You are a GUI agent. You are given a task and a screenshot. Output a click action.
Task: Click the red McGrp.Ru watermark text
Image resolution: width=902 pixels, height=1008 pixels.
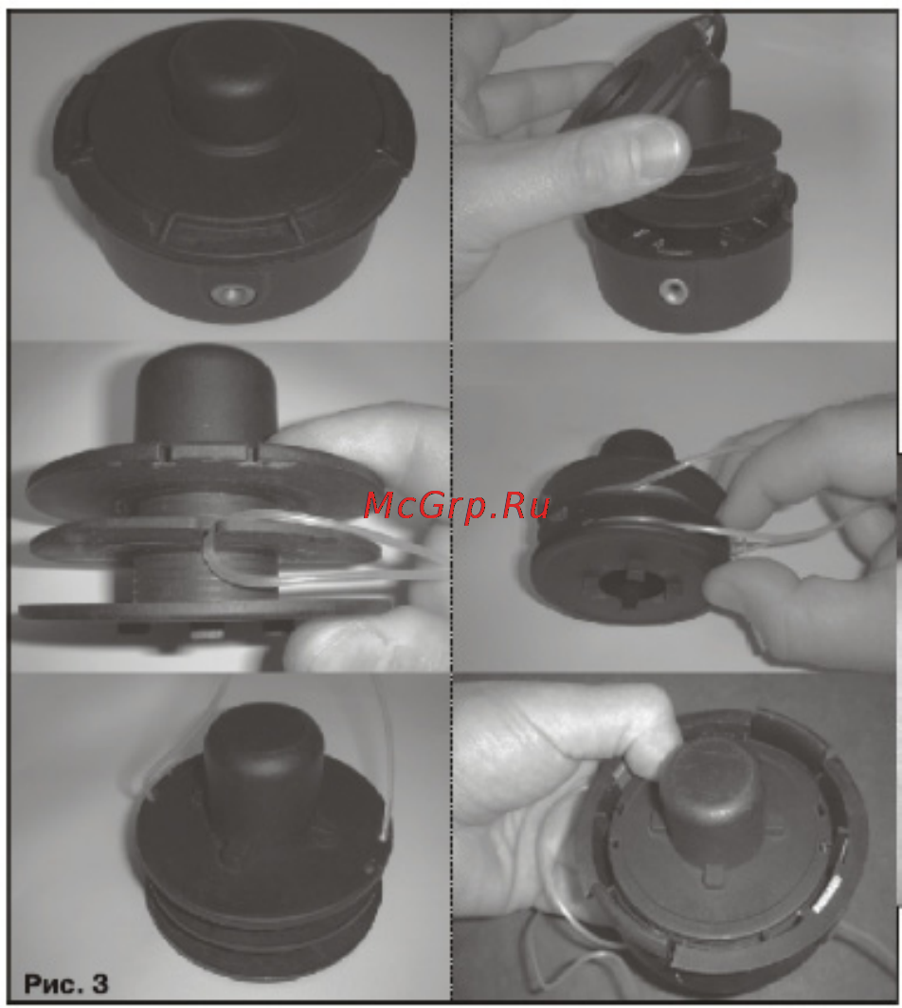457,505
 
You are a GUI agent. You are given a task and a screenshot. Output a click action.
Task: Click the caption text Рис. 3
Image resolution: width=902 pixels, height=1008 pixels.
66,983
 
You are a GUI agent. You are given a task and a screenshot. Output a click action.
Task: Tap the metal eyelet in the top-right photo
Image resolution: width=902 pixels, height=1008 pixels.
674,290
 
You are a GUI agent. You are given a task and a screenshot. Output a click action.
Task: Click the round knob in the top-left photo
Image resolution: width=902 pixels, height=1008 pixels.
225,90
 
